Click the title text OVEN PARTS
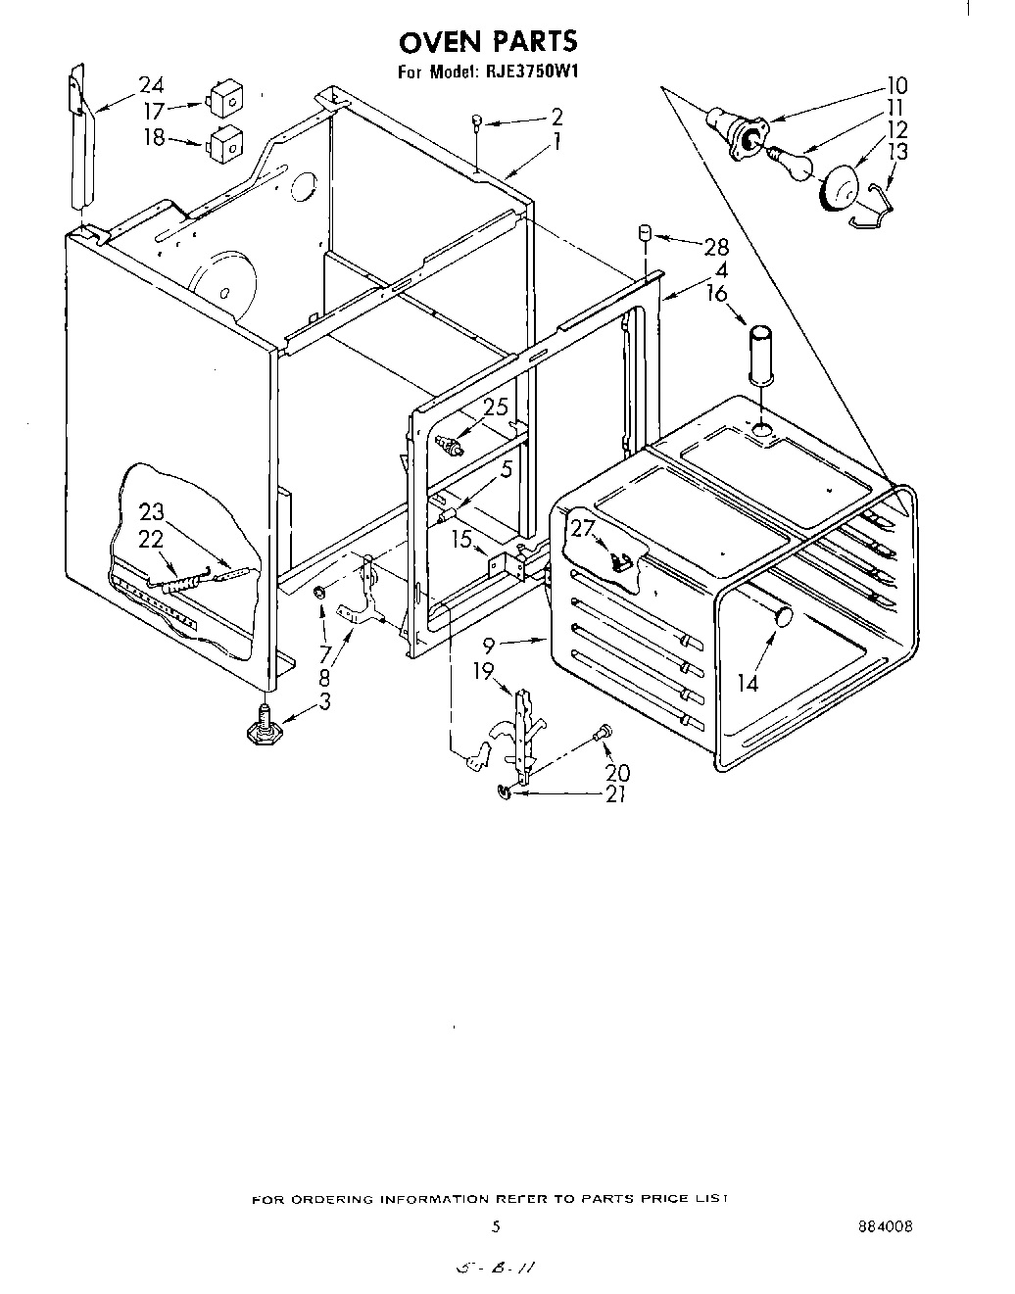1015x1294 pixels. tap(486, 41)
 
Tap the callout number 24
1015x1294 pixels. tap(151, 84)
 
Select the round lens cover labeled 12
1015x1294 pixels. tap(839, 187)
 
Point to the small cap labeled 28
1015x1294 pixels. tap(645, 233)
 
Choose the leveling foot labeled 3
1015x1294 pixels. tap(262, 727)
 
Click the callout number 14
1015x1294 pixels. tap(748, 682)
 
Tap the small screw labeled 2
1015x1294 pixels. tap(477, 122)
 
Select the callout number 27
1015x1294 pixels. tap(583, 528)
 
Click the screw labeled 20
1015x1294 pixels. tap(604, 732)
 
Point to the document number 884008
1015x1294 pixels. tap(885, 1225)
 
